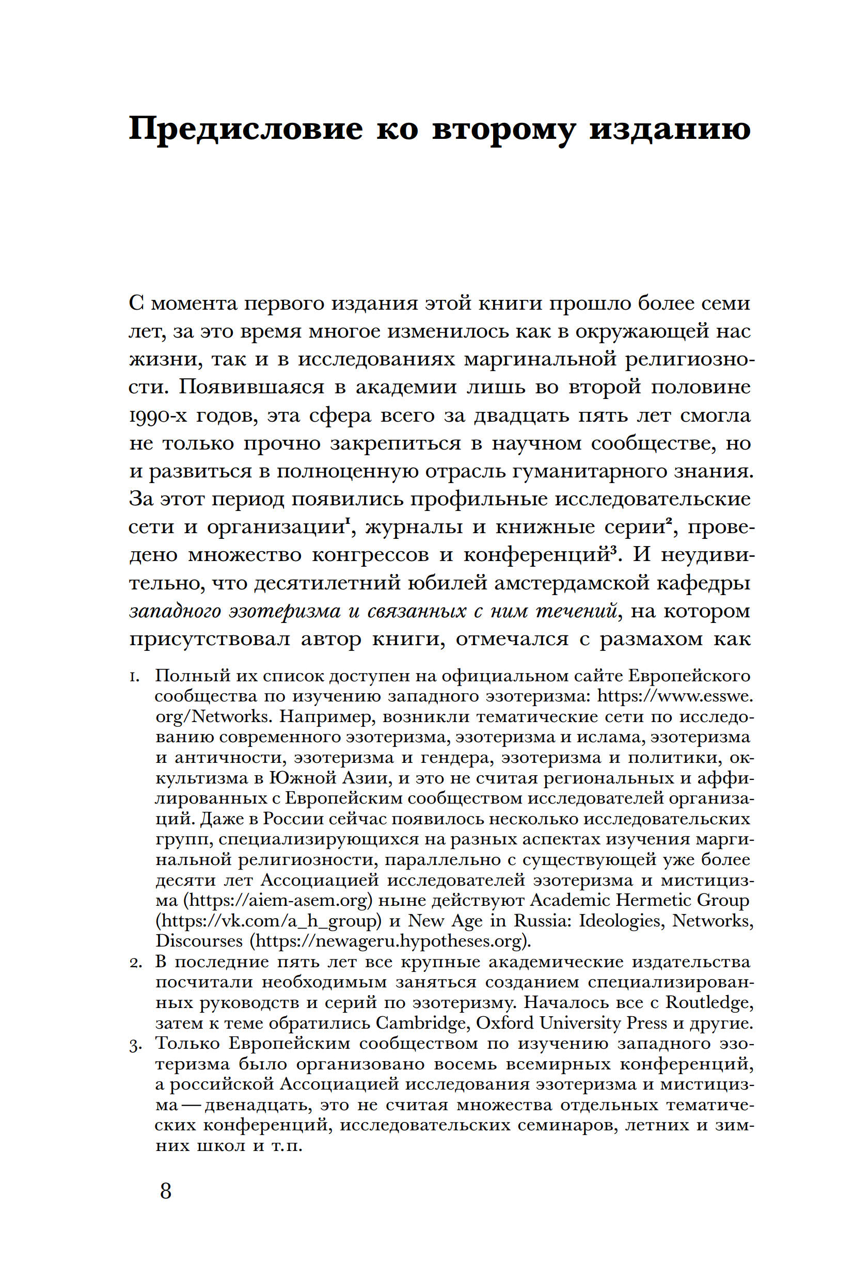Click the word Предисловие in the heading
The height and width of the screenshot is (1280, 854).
click(x=245, y=130)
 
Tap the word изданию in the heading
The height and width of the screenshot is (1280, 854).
click(x=669, y=130)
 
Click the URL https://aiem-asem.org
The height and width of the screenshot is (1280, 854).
click(x=278, y=900)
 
